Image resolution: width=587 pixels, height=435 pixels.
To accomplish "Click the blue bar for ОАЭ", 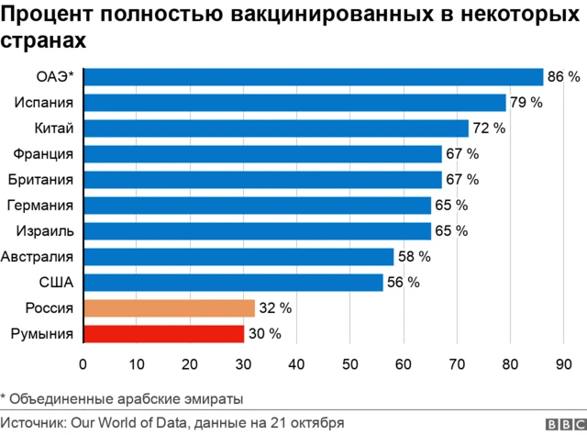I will [x=312, y=77].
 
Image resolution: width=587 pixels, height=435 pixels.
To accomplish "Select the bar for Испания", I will [x=293, y=103].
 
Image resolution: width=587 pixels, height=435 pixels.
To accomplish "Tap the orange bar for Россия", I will [x=169, y=307].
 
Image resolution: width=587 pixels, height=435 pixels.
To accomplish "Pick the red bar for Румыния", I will [x=163, y=333].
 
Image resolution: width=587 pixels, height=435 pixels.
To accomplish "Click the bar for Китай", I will [x=275, y=128].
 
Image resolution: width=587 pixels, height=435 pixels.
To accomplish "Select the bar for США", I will [x=233, y=282].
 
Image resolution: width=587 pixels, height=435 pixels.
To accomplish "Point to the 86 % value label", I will [x=563, y=77].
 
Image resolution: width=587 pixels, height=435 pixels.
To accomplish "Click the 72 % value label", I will [x=489, y=128].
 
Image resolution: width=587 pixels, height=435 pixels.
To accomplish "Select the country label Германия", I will [x=39, y=205].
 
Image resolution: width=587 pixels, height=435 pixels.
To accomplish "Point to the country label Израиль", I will [x=42, y=230].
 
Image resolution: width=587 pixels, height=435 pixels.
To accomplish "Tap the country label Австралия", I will [x=38, y=256].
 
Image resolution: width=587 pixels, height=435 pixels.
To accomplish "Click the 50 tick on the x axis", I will [x=349, y=364].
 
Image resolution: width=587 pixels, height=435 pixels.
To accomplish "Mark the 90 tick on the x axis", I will [x=561, y=364].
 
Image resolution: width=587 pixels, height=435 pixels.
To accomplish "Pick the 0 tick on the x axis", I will [x=83, y=364].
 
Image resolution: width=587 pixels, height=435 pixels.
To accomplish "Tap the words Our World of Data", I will [x=127, y=423].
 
